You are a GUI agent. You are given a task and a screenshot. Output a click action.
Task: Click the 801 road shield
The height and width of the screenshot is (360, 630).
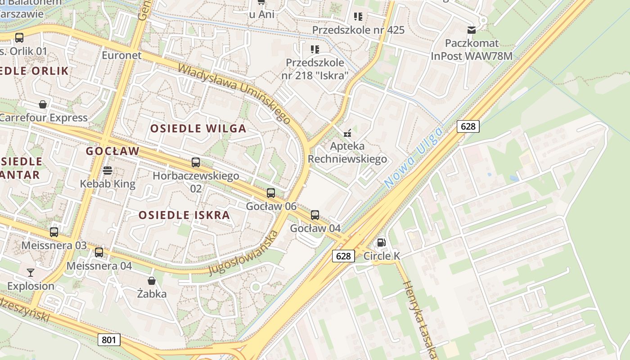coord(109,340)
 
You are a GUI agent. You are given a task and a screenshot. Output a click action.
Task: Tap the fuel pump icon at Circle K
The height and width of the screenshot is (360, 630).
coord(381,243)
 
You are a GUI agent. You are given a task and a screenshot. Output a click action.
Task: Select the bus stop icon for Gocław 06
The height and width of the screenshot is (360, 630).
coord(271,193)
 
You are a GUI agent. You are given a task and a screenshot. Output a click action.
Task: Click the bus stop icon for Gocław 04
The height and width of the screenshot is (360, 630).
coord(315,215)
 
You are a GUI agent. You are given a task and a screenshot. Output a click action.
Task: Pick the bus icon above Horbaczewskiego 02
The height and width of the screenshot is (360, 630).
coord(196,162)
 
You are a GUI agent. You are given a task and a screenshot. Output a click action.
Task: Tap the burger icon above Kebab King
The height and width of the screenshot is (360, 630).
coord(107,171)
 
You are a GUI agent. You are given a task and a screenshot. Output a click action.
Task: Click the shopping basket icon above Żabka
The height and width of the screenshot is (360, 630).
coord(152,281)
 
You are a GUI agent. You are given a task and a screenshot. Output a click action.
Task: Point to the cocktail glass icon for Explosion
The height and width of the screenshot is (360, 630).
coord(31,272)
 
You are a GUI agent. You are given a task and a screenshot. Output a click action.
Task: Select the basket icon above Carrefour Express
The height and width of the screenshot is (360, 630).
coord(43,105)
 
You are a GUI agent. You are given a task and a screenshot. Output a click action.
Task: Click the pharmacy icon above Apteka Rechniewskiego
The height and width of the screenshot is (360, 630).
coord(347,133)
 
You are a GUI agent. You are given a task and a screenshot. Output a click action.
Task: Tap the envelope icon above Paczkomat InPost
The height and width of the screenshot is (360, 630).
coord(472,30)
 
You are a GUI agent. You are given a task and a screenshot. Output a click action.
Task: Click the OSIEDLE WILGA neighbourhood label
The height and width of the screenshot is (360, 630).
coord(198,129)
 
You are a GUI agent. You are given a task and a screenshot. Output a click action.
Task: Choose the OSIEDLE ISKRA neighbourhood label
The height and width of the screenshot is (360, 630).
coord(184,215)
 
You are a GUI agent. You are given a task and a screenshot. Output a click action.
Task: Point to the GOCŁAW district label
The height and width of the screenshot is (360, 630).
coord(113,151)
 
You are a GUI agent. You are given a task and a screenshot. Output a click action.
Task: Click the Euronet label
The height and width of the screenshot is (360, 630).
coord(121,55)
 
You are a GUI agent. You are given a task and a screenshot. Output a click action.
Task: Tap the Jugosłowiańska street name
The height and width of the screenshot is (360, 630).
coord(243,253)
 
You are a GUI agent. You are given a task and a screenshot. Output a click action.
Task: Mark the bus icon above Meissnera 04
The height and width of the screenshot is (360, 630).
coord(99,252)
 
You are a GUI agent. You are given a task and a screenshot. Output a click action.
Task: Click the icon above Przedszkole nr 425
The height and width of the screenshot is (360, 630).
coord(358,17)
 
